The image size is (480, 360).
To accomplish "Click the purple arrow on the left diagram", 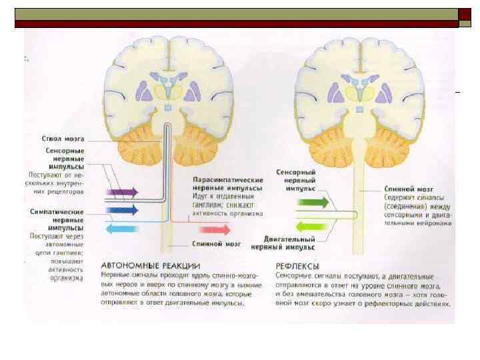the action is [x=122, y=192].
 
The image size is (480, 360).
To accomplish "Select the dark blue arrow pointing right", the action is [x=122, y=210].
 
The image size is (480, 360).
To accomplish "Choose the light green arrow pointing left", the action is [x=312, y=225].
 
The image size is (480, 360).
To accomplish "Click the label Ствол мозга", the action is [x=63, y=139].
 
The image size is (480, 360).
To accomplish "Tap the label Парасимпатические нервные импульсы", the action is [x=227, y=184].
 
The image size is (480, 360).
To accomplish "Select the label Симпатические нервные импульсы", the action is [x=57, y=219].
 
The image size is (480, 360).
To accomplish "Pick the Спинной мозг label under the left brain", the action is [x=212, y=244].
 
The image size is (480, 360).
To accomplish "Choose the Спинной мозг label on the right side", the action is [x=404, y=189].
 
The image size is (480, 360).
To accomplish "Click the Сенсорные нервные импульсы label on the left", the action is [x=65, y=159].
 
